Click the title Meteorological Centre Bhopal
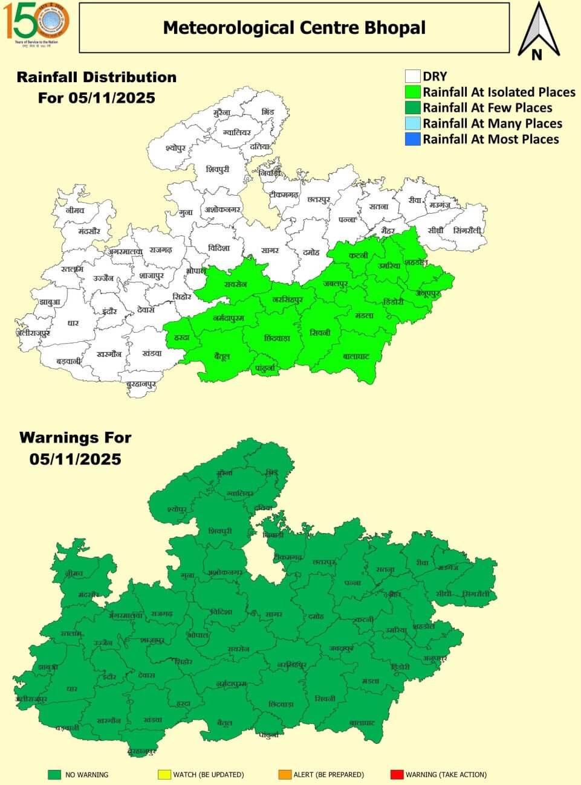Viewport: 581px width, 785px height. [294, 28]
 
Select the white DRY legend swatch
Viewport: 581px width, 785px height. [413, 77]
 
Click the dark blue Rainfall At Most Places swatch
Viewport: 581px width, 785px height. [413, 139]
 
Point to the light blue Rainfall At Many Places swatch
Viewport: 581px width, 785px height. [413, 124]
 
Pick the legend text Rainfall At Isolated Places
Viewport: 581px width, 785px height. [499, 92]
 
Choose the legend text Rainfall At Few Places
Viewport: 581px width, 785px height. [487, 108]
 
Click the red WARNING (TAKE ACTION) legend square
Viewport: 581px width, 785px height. [397, 774]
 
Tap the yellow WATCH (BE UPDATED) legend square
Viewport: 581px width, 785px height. [164, 774]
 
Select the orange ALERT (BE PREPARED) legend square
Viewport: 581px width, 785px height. [285, 774]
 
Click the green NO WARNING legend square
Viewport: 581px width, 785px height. [55, 774]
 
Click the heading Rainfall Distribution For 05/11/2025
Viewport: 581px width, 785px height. [97, 88]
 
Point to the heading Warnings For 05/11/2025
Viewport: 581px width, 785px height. [76, 448]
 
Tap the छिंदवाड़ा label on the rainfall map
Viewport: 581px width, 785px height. [278, 339]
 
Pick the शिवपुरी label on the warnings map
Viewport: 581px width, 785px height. [219, 531]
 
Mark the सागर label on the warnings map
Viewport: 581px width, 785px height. [273, 615]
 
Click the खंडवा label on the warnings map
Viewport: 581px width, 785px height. [154, 720]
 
